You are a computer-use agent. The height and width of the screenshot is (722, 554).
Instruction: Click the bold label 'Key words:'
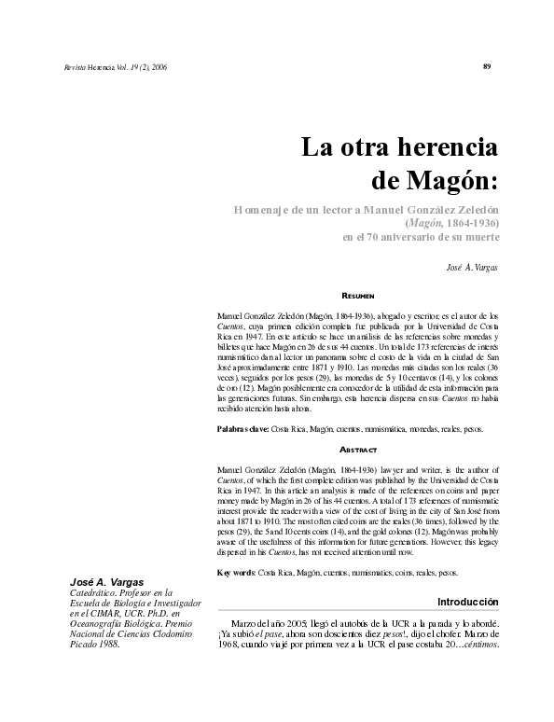click(x=235, y=571)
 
